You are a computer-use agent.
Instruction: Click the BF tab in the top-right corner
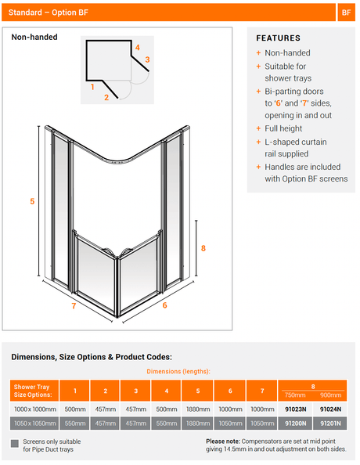tap(347, 13)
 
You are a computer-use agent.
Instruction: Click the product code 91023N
tap(295, 409)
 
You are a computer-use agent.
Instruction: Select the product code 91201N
tap(330, 424)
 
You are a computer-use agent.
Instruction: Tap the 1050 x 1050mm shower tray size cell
tap(34, 424)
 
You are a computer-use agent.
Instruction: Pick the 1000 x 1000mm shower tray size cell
tap(34, 409)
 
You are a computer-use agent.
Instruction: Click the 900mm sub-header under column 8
tap(330, 395)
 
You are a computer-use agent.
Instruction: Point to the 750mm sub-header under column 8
tap(295, 395)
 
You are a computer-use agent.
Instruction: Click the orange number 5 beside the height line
tap(32, 201)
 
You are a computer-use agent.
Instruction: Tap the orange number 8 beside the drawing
tap(203, 248)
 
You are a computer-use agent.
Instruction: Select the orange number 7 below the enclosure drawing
tap(74, 306)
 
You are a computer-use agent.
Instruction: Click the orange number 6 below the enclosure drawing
tap(164, 305)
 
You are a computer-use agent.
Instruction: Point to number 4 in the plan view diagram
tap(137, 48)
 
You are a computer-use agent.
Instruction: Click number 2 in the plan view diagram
tap(106, 97)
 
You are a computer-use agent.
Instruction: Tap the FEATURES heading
tap(278, 38)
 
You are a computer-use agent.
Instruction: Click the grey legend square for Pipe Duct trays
tap(15, 444)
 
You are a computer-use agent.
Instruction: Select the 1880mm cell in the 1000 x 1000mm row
tap(198, 409)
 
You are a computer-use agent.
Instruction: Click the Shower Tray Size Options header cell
tap(34, 391)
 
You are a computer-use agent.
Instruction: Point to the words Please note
tap(223, 442)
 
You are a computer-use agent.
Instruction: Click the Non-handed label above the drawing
tap(34, 37)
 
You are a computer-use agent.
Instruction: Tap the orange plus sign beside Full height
tap(258, 128)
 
